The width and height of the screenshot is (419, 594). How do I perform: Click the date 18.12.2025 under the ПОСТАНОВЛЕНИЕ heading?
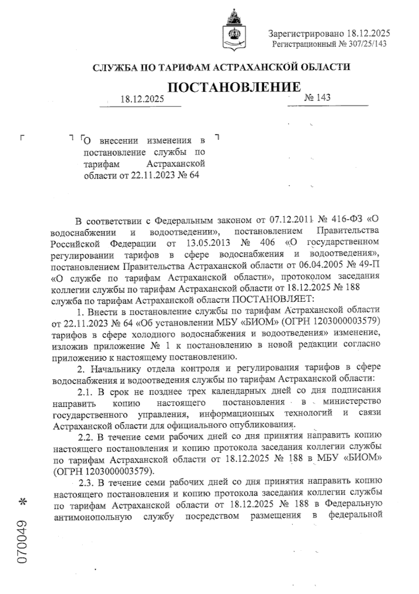(x=142, y=99)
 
